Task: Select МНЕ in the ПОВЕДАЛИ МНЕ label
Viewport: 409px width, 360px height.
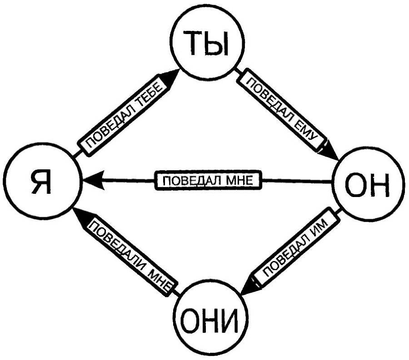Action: [158, 278]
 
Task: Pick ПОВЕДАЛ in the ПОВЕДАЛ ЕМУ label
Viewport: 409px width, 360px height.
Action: [271, 100]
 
